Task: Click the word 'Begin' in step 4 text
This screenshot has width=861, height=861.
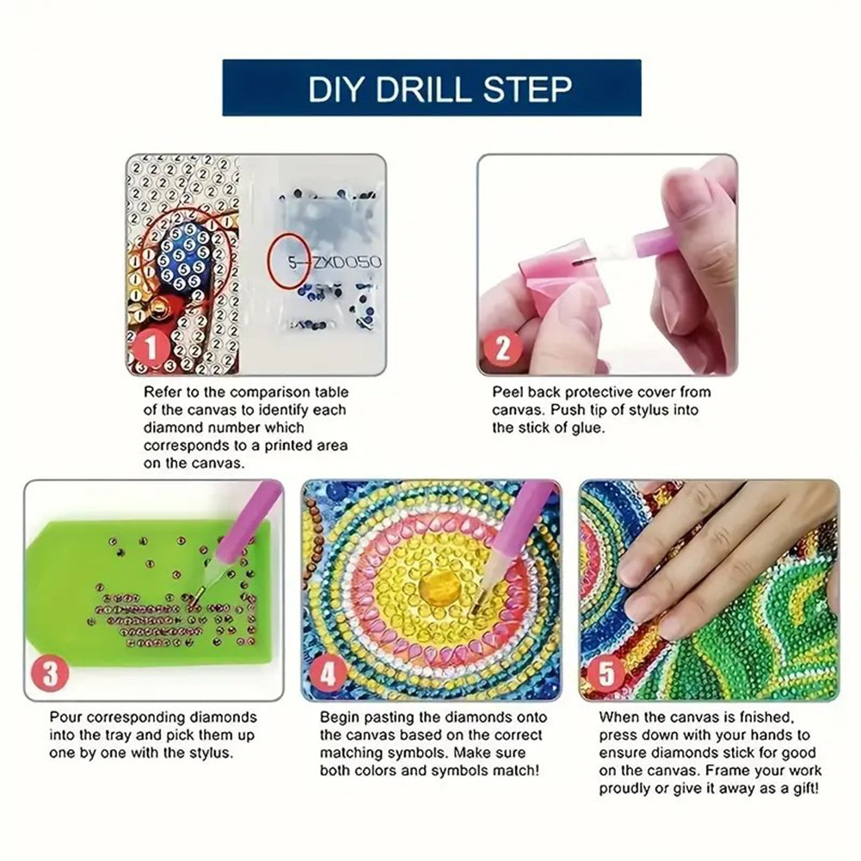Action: tap(339, 716)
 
